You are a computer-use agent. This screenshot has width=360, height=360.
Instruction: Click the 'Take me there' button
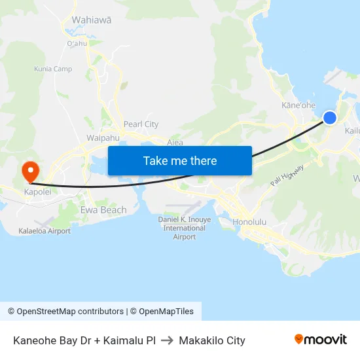pos(179,160)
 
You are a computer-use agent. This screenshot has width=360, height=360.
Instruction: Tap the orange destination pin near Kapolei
pos(30,172)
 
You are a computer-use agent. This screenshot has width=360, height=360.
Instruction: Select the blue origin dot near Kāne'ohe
pos(330,118)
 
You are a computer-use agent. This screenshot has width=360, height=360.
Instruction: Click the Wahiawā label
pos(92,20)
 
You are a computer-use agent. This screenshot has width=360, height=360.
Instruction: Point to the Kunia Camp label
pos(53,69)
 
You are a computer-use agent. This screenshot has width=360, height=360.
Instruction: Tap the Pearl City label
pos(141,124)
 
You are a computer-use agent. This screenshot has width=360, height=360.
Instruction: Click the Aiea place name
pos(175,141)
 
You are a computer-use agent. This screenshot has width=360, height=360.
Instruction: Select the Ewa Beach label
pos(103,210)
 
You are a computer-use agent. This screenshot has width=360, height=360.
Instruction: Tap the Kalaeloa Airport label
pos(45,231)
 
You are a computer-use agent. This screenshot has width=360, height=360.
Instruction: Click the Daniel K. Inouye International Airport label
pos(185,228)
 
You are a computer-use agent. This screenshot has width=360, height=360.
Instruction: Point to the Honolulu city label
pos(249,222)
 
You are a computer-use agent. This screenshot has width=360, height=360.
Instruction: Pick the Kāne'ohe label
pos(298,105)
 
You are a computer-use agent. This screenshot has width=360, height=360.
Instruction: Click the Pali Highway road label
pos(288,176)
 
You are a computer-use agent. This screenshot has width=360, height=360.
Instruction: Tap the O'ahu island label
pos(77,44)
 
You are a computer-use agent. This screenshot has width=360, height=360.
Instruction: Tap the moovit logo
pos(321,340)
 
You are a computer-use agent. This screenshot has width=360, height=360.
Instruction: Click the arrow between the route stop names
pos(167,340)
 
